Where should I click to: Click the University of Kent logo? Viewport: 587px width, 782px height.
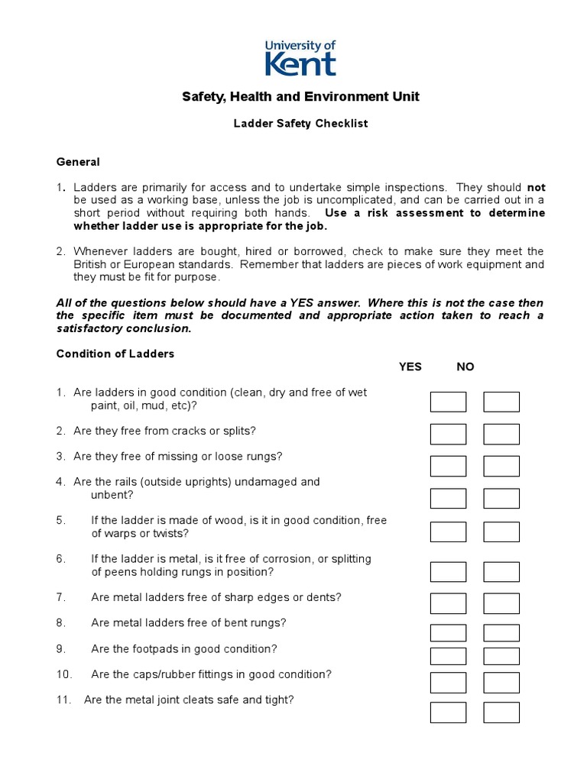coord(300,59)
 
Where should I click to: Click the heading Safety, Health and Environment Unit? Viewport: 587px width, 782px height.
coord(300,97)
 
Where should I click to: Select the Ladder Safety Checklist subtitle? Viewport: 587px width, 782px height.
coord(300,124)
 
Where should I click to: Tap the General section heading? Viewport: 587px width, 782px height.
coord(78,162)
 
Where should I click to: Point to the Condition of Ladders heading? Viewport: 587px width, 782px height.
coord(115,354)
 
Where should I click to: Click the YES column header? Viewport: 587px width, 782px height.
coord(410,367)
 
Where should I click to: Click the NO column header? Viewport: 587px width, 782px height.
coord(465,367)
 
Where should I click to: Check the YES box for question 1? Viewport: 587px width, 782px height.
coord(448,402)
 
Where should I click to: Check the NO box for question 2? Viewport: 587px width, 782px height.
coord(501,435)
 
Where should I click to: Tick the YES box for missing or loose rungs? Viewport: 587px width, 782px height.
coord(448,466)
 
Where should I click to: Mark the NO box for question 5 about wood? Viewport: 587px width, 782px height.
coord(501,532)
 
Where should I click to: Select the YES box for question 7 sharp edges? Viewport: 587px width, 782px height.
coord(448,603)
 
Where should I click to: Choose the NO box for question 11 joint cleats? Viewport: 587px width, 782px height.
coord(501,713)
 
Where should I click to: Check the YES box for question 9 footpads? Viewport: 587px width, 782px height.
coord(448,656)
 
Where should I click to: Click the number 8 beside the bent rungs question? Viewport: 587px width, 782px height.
coord(60,623)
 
